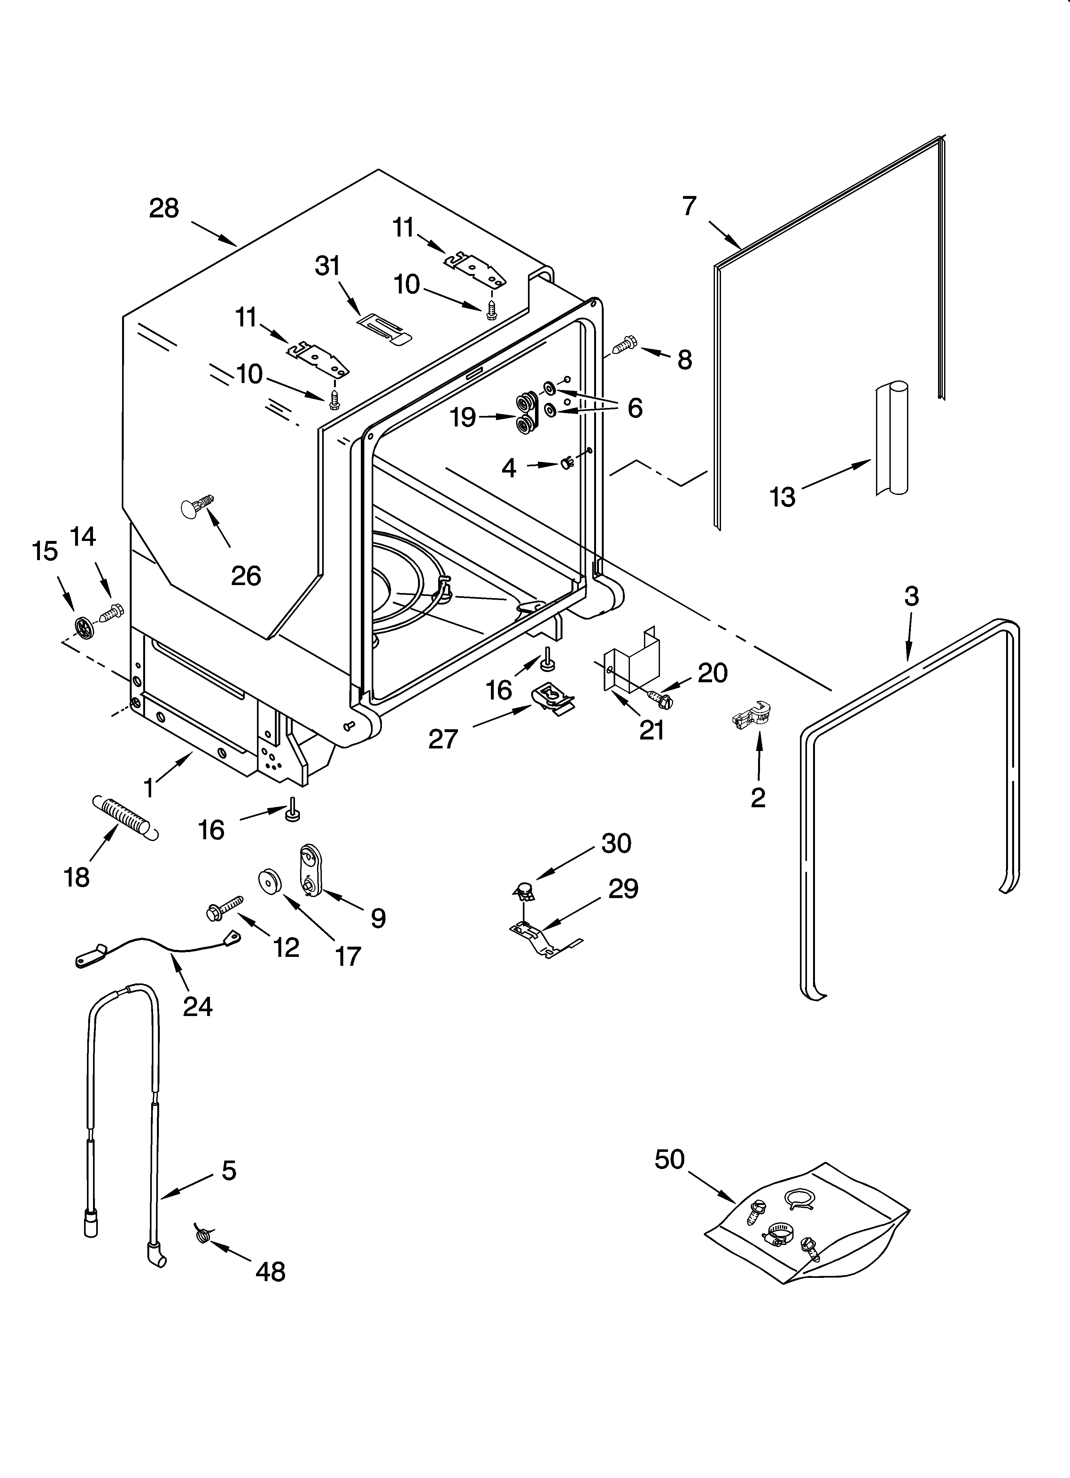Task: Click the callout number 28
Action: (x=164, y=208)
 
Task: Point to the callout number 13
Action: (x=782, y=497)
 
